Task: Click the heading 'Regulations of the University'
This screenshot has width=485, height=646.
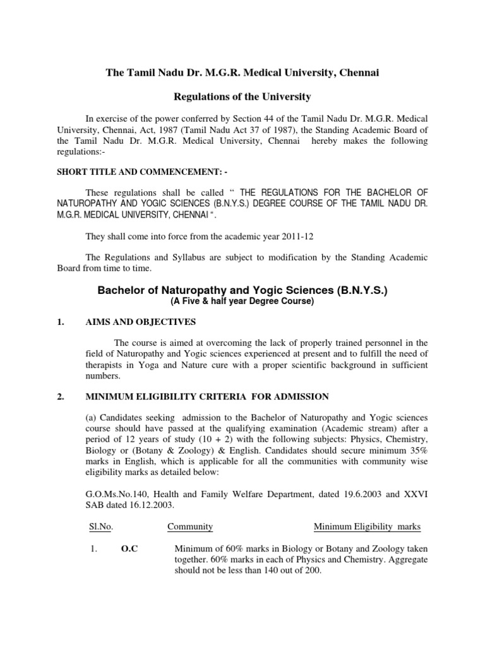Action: tap(242, 97)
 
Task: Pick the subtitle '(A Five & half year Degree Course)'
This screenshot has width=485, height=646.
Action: tap(242, 302)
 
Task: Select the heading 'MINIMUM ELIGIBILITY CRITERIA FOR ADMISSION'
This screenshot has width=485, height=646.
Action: tap(207, 396)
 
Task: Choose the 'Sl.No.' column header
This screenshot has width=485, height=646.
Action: tap(97, 527)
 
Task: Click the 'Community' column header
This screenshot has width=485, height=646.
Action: tap(190, 527)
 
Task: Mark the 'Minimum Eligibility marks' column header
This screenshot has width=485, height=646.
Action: tap(367, 527)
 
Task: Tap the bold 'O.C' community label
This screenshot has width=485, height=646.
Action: tap(129, 549)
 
